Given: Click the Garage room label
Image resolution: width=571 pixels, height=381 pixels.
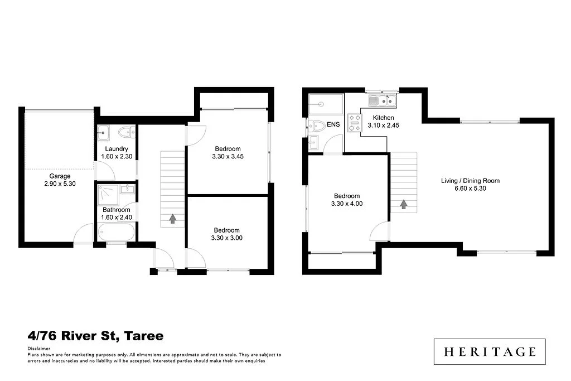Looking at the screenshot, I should click(60, 176).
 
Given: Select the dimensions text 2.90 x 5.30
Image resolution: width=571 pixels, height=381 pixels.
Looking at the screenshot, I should click(60, 184).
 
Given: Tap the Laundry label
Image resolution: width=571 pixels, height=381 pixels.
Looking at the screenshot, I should click(115, 149).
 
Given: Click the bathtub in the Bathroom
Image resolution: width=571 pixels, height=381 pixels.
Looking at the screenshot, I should click(115, 232).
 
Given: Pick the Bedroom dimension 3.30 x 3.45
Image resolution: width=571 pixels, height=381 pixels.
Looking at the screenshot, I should click(227, 157).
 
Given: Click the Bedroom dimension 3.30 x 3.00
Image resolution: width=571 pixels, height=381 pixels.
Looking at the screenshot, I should click(227, 238).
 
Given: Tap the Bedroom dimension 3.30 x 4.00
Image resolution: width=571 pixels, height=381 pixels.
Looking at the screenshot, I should click(347, 204).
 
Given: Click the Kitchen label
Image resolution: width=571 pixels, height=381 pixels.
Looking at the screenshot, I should click(384, 118).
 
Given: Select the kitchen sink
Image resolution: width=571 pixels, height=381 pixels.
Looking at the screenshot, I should click(382, 101).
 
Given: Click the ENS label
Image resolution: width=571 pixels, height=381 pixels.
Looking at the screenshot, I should click(333, 124).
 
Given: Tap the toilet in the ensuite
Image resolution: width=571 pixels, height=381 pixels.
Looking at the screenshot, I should click(317, 125).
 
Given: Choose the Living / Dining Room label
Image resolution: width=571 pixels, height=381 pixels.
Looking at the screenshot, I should click(470, 181).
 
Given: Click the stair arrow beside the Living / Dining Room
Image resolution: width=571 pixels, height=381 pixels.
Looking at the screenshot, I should click(403, 205).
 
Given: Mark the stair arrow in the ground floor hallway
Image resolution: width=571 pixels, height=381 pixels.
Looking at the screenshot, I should click(173, 219).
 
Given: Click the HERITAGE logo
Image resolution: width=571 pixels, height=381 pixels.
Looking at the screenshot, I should click(490, 351).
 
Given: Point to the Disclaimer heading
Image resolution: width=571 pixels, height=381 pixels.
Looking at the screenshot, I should click(38, 348).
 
